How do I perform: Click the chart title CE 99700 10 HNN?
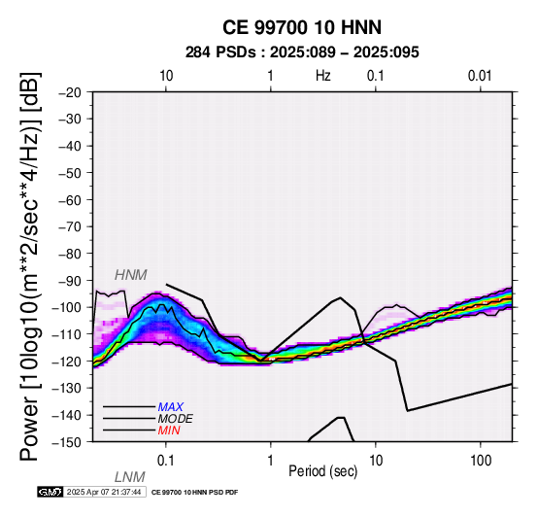pos(302,27)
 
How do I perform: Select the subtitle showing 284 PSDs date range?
pos(302,52)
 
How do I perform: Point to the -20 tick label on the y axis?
pos(70,92)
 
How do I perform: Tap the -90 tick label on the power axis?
pos(70,281)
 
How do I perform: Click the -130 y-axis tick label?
pos(67,389)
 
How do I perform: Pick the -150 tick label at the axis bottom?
pos(67,442)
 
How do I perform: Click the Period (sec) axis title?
pos(322,471)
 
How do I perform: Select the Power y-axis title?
pos(30,266)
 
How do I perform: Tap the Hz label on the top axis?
pos(322,75)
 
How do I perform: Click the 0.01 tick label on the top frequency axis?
pos(480,76)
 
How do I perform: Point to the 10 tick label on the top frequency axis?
pos(166,76)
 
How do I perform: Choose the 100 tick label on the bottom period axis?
pos(481,461)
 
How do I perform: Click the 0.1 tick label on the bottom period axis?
pos(166,461)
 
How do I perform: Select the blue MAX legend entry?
pos(170,407)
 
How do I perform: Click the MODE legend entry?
pos(176,419)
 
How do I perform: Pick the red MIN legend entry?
pos(169,431)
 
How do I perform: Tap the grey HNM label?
pos(131,275)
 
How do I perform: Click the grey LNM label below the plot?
pos(130,477)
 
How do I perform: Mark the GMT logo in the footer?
pos(50,492)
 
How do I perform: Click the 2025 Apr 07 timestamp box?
pos(104,492)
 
